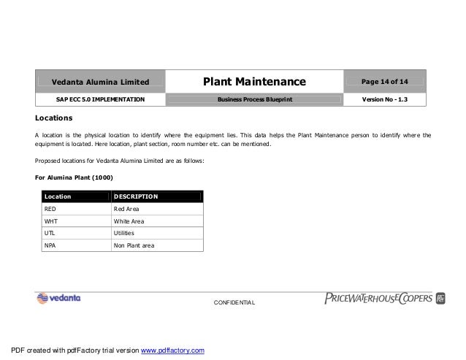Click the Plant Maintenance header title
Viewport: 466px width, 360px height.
click(254, 80)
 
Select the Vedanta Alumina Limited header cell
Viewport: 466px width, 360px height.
click(100, 80)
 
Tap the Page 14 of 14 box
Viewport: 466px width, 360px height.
click(386, 79)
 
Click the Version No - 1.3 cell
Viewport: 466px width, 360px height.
click(386, 98)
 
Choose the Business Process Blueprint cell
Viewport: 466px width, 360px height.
click(254, 98)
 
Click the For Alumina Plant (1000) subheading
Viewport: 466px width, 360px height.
click(74, 177)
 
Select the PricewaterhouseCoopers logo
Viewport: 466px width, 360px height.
click(380, 297)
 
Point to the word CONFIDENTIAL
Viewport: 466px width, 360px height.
click(233, 302)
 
